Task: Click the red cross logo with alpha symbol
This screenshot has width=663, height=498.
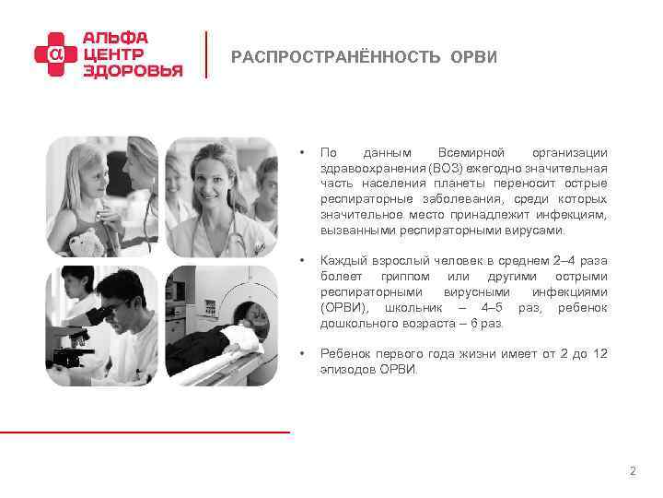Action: coord(54,55)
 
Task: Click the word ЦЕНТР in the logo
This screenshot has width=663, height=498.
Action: coord(113,54)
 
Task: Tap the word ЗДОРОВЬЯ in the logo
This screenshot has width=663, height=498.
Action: coord(133,71)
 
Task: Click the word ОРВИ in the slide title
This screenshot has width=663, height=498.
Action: coord(473,57)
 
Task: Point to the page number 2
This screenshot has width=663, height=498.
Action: coord(632,471)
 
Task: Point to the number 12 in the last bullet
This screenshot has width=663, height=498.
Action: coord(600,354)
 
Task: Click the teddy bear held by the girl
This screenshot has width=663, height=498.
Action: coord(86,242)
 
